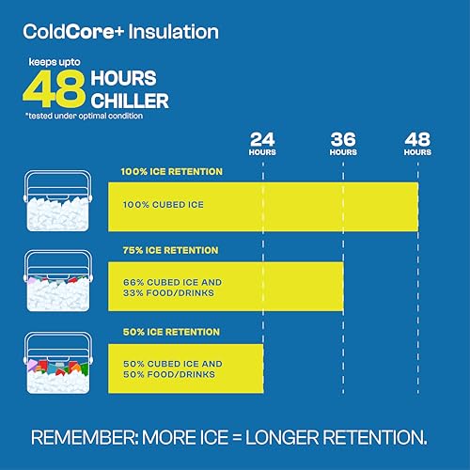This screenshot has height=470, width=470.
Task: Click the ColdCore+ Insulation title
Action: pyautogui.click(x=121, y=32)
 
